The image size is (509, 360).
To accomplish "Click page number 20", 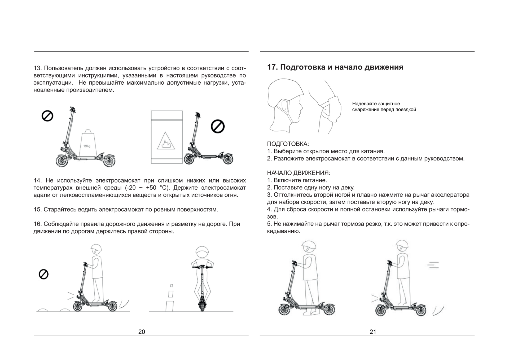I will click(x=142, y=332).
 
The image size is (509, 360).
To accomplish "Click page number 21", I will click(x=373, y=332).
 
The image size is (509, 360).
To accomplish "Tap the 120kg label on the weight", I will click(x=87, y=146).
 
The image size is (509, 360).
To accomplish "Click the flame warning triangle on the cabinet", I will click(x=166, y=141).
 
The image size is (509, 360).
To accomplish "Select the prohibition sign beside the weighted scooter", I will click(x=47, y=116).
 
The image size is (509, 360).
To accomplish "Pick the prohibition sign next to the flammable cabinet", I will click(x=218, y=127).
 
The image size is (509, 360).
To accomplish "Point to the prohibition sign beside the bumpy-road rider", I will click(x=44, y=274).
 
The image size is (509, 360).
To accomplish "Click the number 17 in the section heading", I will click(x=272, y=67).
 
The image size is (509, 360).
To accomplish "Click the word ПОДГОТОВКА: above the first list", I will click(x=288, y=144).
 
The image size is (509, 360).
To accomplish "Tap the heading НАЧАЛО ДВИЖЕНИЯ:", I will click(x=299, y=173).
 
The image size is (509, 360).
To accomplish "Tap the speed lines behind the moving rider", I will click(x=433, y=265).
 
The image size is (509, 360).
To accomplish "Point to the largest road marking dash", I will click(x=170, y=306).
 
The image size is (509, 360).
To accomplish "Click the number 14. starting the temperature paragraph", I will click(x=38, y=181).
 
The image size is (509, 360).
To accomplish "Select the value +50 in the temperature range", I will click(x=151, y=188).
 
